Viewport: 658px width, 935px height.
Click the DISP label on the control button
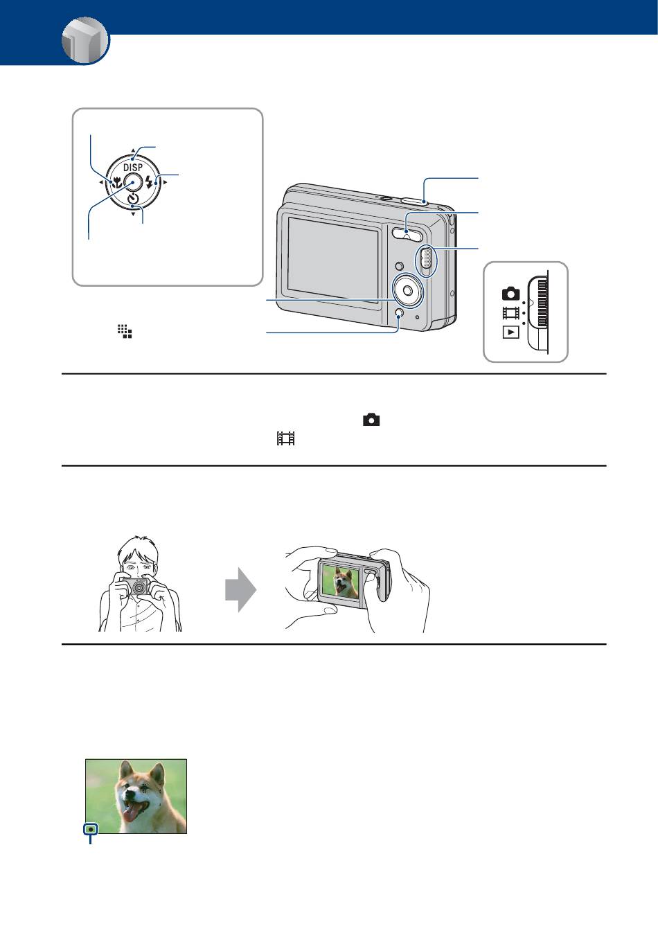click(x=133, y=168)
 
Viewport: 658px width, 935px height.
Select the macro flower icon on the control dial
click(x=116, y=184)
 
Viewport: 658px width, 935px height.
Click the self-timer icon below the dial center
click(x=133, y=200)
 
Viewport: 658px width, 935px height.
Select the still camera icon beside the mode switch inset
click(x=510, y=293)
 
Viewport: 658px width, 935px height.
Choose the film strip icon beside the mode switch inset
click(x=510, y=312)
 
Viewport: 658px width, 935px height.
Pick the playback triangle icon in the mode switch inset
click(x=510, y=332)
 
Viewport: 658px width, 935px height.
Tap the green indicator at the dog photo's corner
click(x=90, y=828)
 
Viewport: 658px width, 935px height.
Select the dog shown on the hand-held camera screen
click(x=341, y=581)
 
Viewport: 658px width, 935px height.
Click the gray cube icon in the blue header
click(x=85, y=41)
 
